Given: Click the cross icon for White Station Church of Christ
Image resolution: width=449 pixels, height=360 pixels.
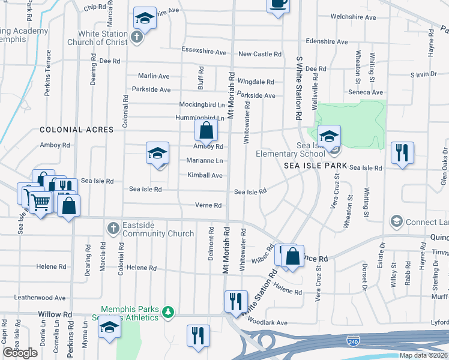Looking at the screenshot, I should pos(137,38).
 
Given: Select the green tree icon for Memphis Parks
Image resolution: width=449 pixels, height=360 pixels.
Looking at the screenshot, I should pos(169,312).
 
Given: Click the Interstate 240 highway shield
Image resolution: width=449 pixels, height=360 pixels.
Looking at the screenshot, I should pos(354,341).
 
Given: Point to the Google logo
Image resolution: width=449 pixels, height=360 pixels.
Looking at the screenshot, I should pos(20,353).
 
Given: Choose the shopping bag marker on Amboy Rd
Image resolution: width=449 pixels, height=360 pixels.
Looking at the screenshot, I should pos(205,130).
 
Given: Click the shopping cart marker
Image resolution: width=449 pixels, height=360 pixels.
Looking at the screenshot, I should pos(40,203).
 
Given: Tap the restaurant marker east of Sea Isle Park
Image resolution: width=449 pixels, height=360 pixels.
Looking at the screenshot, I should pos(402,152).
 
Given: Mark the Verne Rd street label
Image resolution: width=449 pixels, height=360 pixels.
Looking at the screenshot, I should pos(208,205).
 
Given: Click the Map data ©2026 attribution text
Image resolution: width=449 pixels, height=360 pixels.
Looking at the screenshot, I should pos(423,355).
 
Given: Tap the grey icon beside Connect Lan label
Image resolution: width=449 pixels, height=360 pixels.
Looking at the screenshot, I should pos(396,222).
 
